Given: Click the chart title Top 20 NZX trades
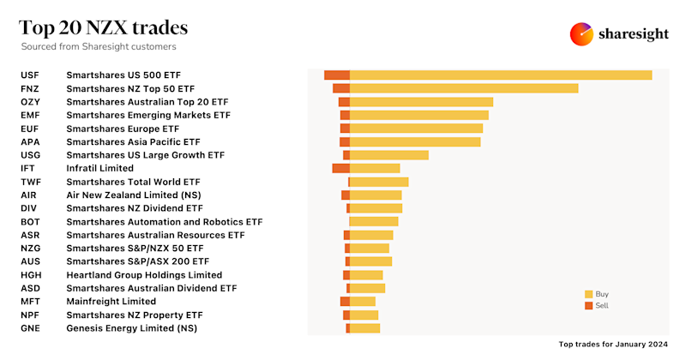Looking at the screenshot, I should (x=104, y=27).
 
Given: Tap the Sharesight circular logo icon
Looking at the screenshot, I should (x=582, y=34).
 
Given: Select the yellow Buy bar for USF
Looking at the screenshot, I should (x=501, y=75).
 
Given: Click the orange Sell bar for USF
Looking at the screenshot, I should (x=337, y=75).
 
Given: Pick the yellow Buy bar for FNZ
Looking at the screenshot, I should (x=464, y=88).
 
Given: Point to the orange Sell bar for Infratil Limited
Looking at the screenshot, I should (x=340, y=168).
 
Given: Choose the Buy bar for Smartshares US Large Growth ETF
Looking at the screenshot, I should (x=389, y=155).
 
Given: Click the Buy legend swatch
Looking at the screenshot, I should (x=589, y=293).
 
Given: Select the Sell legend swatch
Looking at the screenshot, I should (x=589, y=305).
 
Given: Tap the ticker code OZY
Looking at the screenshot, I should (x=30, y=102).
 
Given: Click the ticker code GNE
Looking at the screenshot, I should (x=30, y=328).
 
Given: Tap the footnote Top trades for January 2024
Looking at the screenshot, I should (x=613, y=344).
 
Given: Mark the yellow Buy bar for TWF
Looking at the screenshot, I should (x=379, y=182).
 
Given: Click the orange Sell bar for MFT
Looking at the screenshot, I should (x=345, y=302).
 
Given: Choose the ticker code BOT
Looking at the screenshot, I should (x=30, y=221).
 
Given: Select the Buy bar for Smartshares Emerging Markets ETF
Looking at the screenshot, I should (x=419, y=115).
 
